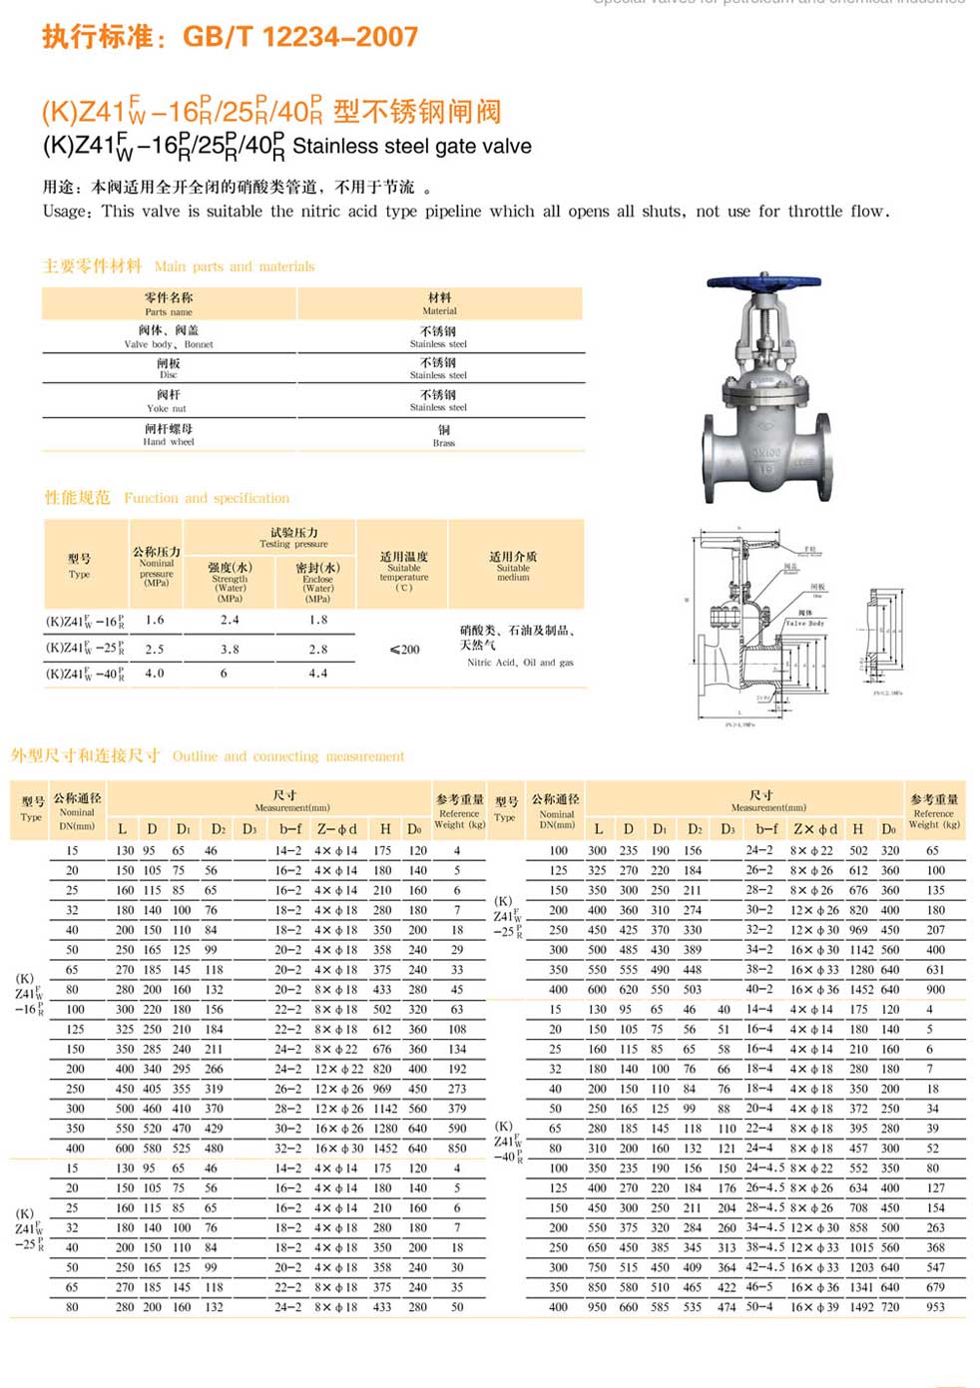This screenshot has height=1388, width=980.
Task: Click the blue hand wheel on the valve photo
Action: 763,285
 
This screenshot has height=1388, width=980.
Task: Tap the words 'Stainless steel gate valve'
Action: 411,147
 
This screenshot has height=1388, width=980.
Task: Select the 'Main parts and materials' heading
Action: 235,266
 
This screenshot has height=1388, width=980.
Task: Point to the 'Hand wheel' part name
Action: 168,442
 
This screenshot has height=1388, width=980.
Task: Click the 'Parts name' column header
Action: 168,311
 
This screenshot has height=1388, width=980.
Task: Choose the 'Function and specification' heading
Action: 207,498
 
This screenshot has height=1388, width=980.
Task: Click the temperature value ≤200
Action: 404,649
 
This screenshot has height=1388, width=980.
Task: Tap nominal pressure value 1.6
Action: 155,620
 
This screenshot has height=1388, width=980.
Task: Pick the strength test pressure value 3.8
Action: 230,649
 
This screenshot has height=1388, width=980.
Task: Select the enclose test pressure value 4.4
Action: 317,674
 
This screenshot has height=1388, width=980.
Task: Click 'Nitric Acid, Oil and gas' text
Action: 520,663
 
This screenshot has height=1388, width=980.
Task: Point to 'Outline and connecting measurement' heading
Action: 288,756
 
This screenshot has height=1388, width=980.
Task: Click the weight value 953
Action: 935,1306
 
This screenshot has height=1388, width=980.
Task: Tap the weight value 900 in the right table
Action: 935,989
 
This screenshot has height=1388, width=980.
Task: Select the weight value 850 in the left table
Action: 457,1148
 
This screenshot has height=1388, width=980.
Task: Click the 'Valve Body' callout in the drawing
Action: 804,623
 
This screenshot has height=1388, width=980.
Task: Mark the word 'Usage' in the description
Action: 65,212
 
